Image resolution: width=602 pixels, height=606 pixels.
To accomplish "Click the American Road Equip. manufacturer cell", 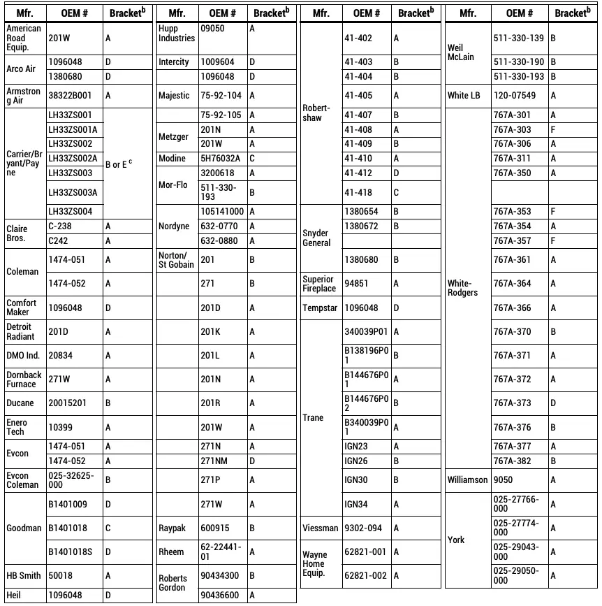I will tap(24, 38).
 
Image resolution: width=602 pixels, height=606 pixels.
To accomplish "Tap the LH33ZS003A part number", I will tap(72, 192).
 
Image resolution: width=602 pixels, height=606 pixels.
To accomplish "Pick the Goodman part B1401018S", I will tap(71, 552).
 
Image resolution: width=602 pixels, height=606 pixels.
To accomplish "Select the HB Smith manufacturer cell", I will tap(24, 576).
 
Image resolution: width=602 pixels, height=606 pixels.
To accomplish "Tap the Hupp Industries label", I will tap(177, 34).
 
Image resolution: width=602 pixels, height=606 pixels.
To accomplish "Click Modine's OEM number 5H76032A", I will tap(221, 159).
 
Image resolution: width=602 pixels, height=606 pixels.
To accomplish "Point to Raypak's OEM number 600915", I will tap(215, 528).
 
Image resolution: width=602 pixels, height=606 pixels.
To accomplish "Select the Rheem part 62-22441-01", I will tap(221, 551).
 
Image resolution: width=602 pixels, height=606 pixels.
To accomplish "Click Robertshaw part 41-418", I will tap(358, 192).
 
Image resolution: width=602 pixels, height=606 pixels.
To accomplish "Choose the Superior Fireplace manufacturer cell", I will tap(319, 284).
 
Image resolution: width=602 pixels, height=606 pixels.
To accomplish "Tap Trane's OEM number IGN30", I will tap(356, 480).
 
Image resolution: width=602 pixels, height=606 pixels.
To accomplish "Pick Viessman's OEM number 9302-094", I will tap(363, 528).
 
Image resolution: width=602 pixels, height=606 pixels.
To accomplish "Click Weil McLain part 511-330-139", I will tap(518, 38).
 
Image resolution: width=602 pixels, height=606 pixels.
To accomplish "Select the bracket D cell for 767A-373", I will tap(553, 403).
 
